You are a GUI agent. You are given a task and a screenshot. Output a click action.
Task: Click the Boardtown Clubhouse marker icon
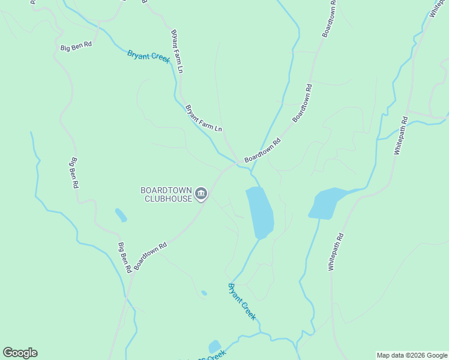point(201,194)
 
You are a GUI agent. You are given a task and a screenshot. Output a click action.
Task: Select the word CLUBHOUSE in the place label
point(168,199)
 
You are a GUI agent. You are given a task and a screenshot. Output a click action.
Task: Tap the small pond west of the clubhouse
point(121,215)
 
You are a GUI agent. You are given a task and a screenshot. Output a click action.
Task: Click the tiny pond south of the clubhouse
point(204,293)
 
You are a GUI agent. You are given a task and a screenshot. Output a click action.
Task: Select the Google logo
point(20,353)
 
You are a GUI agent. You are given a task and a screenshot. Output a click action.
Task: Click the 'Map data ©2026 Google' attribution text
point(412,356)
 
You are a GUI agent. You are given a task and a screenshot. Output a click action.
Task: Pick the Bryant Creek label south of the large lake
point(243,301)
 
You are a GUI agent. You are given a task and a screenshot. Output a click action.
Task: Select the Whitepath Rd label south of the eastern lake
point(336,252)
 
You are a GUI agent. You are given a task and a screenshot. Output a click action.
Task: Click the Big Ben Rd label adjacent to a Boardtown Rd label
point(124,258)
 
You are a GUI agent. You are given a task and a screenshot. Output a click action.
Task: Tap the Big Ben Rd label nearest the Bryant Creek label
point(76,45)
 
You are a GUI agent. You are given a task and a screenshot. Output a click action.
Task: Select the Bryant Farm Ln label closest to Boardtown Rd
point(204,119)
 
